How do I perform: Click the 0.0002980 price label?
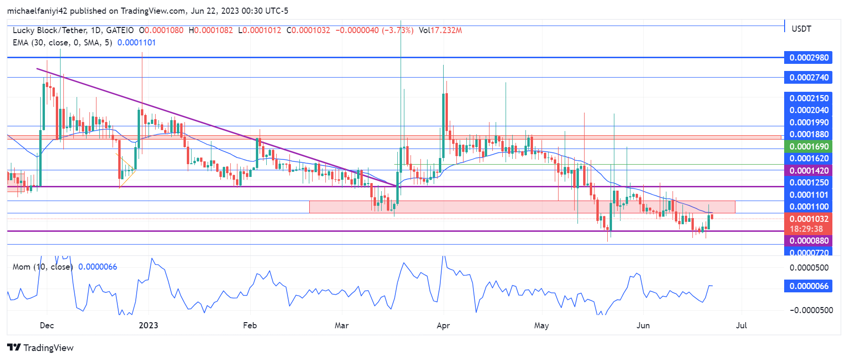[x=808, y=58]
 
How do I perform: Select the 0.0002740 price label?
[x=808, y=78]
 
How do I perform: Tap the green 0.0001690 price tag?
[x=808, y=147]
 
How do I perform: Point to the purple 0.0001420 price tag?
[x=808, y=171]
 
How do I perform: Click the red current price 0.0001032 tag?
[x=808, y=219]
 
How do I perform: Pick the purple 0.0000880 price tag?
[x=808, y=241]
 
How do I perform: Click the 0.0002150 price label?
[x=808, y=98]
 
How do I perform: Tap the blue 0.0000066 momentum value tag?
[x=808, y=286]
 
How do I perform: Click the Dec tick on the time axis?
[x=47, y=325]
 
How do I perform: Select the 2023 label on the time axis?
[x=149, y=325]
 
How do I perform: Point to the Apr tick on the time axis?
[x=443, y=325]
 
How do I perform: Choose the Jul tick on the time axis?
[x=741, y=325]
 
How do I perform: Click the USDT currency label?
[x=801, y=29]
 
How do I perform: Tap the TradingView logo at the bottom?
[x=41, y=348]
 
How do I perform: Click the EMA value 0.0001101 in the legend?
[x=136, y=43]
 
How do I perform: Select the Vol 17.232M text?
[x=440, y=30]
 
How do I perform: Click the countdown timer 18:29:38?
[x=806, y=229]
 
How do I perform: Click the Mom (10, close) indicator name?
[x=43, y=267]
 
